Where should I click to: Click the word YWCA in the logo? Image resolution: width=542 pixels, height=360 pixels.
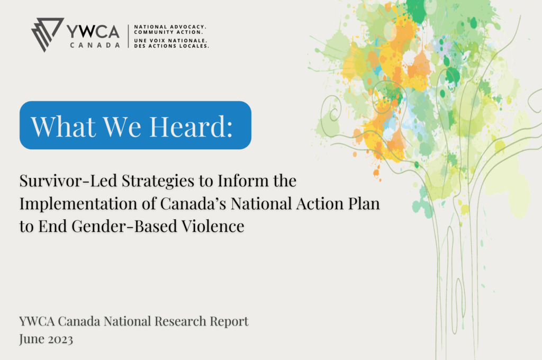[x=93, y=32]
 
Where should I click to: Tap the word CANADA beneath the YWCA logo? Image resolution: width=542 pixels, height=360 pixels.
[x=95, y=46]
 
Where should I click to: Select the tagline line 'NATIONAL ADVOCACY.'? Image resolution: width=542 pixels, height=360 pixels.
[x=170, y=26]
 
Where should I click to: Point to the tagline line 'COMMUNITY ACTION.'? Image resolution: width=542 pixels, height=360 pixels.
[x=168, y=32]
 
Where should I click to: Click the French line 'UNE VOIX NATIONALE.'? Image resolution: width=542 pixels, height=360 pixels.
[x=171, y=40]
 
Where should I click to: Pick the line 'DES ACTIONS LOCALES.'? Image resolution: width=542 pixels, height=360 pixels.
[x=171, y=46]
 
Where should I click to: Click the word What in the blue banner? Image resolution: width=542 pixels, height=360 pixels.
[x=64, y=126]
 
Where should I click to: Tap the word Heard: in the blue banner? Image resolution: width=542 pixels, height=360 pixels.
[x=191, y=126]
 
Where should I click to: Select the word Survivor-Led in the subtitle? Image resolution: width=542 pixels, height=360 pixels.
[x=68, y=181]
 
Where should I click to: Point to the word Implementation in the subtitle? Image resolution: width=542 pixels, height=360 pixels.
[x=78, y=204]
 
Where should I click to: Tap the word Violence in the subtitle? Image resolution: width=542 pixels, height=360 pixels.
[x=213, y=226]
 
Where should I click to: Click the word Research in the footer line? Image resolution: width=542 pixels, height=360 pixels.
[x=180, y=321]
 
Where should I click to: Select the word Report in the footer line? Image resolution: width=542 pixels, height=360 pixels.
[x=229, y=322]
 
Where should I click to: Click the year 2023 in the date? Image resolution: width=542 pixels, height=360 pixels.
[x=60, y=339]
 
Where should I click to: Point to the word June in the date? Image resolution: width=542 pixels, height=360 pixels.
[x=31, y=339]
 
